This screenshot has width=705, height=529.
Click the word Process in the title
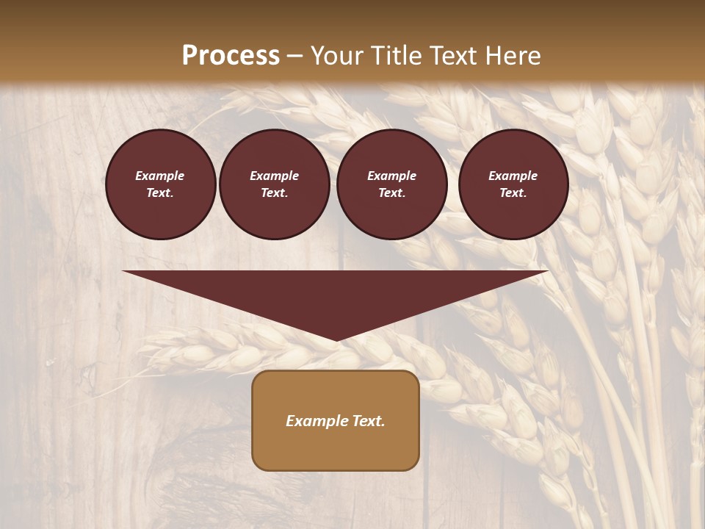tap(231, 56)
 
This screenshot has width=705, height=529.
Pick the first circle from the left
tap(160, 184)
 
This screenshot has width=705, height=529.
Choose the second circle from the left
tap(274, 184)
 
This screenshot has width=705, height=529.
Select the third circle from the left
tap(391, 184)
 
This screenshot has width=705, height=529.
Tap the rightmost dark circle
tap(513, 184)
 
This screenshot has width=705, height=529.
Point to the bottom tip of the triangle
tap(336, 340)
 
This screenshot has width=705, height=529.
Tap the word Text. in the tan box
tap(367, 421)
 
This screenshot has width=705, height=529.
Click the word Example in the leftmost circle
tap(160, 176)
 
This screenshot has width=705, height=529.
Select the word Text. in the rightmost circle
tap(513, 193)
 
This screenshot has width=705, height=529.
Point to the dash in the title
tap(295, 56)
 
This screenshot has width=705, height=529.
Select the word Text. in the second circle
tap(274, 193)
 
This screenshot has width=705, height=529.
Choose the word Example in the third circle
tap(391, 176)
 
